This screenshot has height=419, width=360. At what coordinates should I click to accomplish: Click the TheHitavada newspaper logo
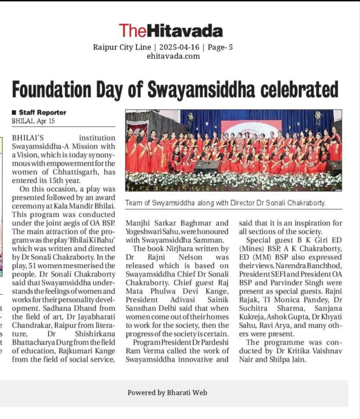pos(171,31)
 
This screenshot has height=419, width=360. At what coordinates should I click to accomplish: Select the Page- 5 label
pos(220,48)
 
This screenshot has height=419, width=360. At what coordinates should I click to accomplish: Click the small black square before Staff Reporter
pos(14,113)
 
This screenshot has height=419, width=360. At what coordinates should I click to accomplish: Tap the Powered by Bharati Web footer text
pos(167,393)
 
